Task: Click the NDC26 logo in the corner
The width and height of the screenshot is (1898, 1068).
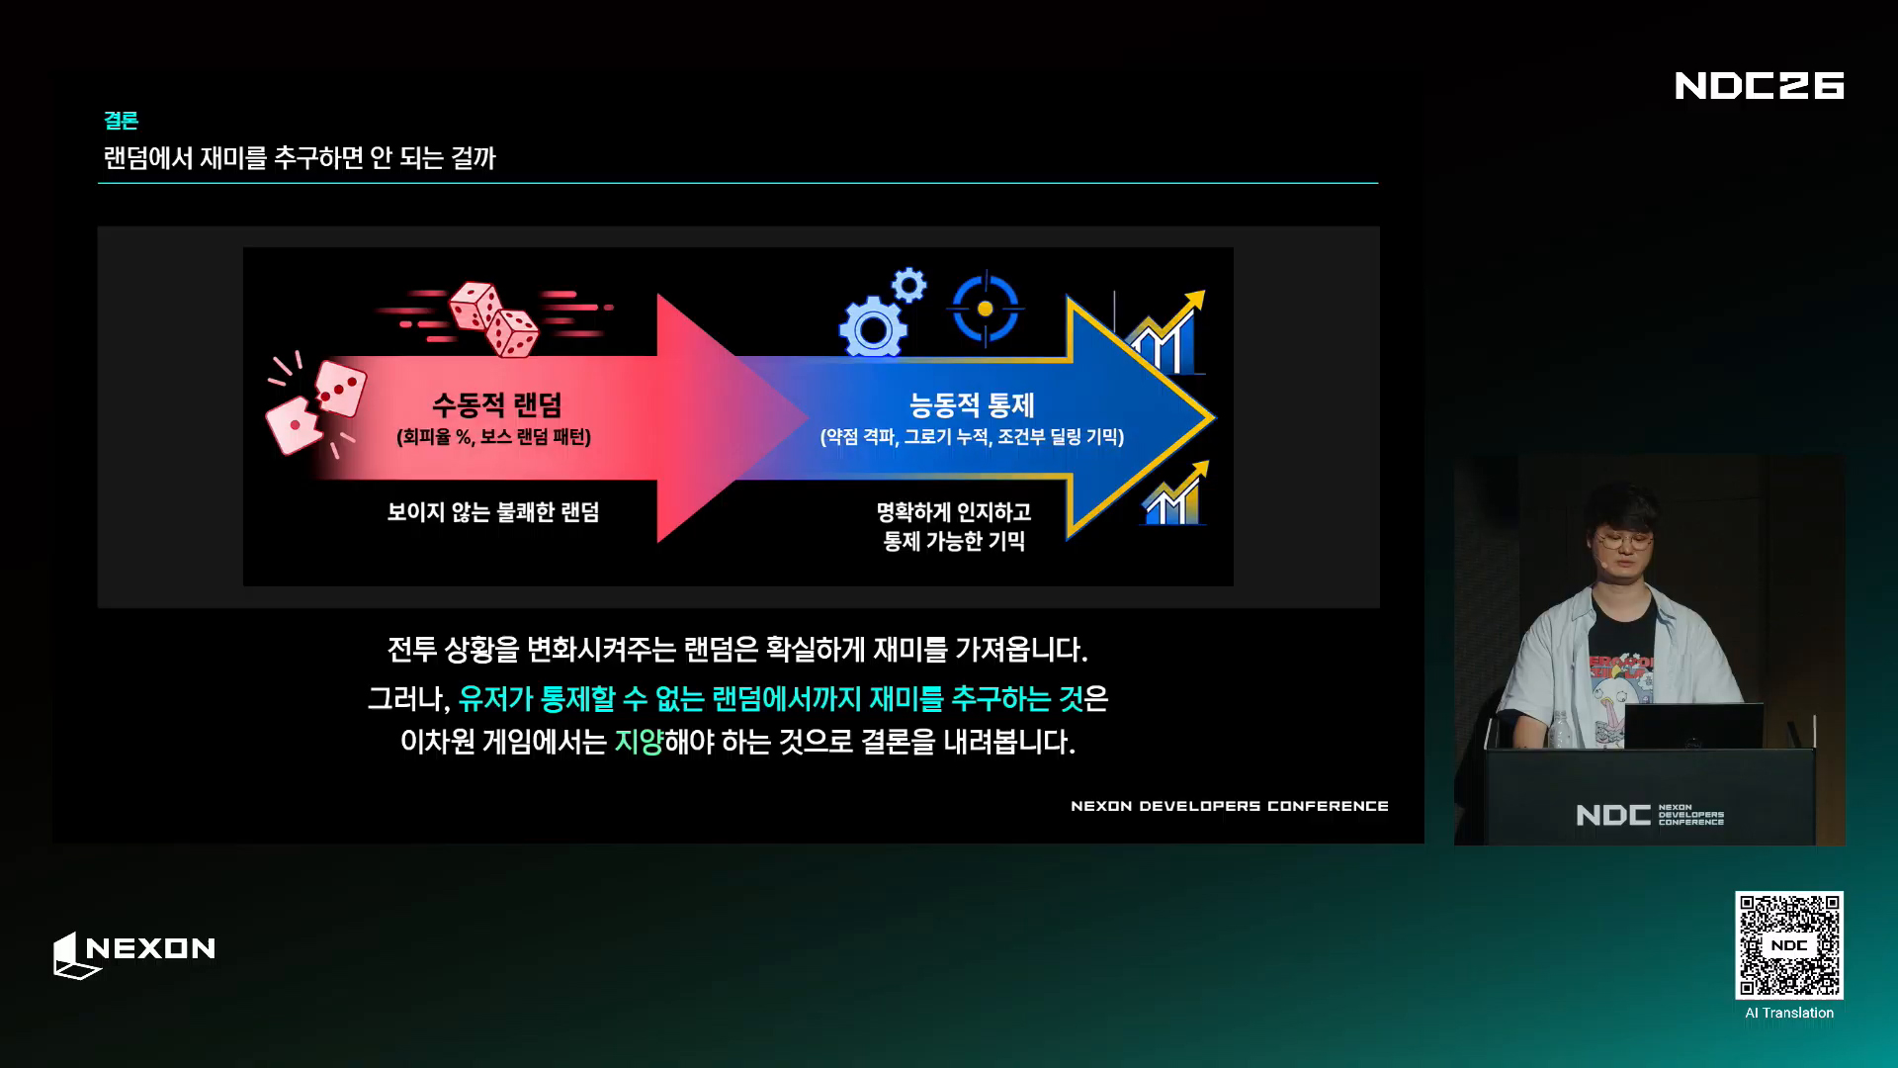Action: coord(1760,85)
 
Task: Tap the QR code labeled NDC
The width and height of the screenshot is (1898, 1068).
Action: coord(1789,944)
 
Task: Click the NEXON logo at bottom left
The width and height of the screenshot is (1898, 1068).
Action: coord(134,954)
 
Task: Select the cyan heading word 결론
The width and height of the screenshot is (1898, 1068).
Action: coord(121,121)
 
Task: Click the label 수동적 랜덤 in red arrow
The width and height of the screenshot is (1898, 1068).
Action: coord(496,404)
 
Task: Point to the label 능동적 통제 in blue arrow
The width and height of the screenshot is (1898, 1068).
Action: coord(972,404)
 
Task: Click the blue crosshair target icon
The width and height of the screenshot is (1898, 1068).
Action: coord(985,310)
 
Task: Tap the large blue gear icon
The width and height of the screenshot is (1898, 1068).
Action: coord(873,328)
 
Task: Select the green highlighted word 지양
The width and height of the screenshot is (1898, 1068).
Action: coord(639,741)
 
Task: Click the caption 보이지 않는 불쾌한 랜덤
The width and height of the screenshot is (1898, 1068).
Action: coord(493,512)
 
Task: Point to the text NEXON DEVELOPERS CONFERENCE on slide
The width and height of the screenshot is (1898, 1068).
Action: coord(1230,806)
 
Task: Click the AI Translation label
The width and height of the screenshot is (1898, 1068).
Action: coord(1789,1013)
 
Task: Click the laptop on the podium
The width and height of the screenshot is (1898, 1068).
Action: coord(1693,726)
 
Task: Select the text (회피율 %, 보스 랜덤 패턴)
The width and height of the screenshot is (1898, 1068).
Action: coord(493,437)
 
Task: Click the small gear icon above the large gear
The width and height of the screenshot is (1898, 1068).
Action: coord(908,286)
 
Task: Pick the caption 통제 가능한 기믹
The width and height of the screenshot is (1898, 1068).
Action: coord(954,541)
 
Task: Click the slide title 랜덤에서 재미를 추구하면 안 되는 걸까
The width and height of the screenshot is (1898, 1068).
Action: coord(300,158)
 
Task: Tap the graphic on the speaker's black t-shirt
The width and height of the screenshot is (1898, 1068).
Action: coord(1621,692)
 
